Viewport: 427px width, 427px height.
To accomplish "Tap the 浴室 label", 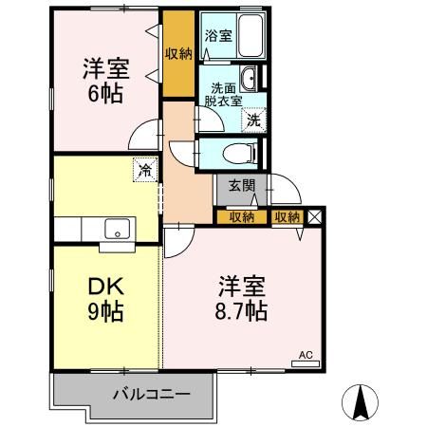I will click(217, 37).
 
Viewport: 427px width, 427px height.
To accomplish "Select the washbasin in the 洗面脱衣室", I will click(251, 80).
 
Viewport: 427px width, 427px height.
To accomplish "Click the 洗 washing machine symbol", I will click(253, 120).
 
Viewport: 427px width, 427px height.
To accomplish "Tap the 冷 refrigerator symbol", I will click(144, 171).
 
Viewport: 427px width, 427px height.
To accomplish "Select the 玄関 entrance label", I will click(241, 186).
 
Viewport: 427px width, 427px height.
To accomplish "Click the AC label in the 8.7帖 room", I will click(306, 356).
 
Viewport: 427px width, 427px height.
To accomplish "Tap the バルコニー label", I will click(153, 392).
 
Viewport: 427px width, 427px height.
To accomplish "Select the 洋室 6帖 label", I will click(104, 81).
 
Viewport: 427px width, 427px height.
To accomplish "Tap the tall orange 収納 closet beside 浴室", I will click(177, 54).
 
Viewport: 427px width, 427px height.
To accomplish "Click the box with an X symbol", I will click(315, 216).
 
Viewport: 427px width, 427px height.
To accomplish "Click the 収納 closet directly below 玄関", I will click(241, 217).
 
